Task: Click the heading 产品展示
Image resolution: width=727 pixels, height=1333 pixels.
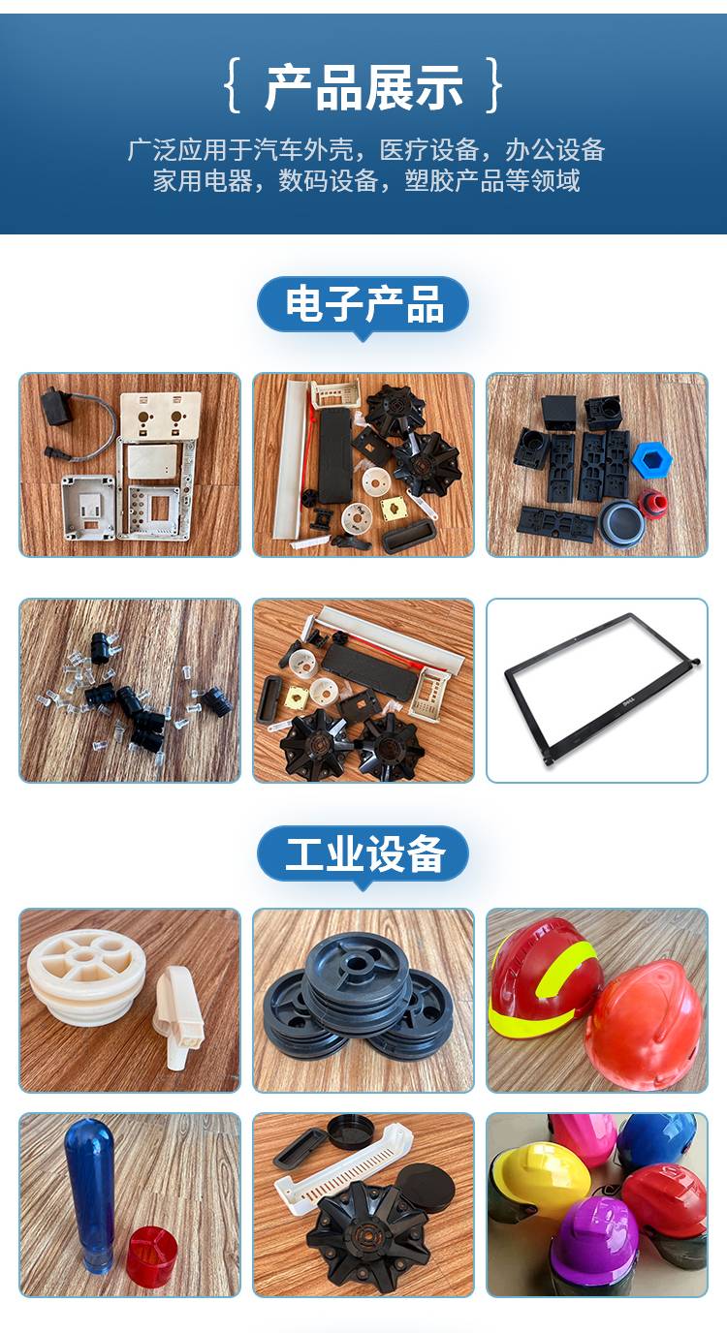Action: click(363, 88)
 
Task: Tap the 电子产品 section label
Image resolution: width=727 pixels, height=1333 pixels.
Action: click(363, 304)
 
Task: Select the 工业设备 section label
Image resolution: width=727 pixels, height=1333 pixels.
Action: click(363, 854)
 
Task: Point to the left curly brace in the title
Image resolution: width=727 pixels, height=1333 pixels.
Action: click(233, 85)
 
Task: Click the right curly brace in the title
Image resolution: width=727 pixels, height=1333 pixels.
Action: click(493, 85)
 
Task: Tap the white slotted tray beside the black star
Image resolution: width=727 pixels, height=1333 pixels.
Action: click(343, 1166)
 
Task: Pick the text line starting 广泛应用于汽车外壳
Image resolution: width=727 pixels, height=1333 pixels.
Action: click(365, 150)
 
